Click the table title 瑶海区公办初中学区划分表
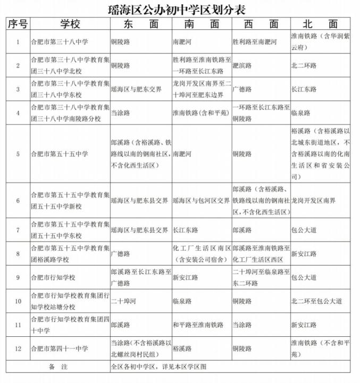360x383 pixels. coord(179,10)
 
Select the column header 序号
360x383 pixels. coord(18,24)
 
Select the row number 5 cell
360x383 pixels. coord(18,154)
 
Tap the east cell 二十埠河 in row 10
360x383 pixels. coord(122,301)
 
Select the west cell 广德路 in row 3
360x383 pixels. coord(242,89)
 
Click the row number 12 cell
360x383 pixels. coord(18,349)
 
